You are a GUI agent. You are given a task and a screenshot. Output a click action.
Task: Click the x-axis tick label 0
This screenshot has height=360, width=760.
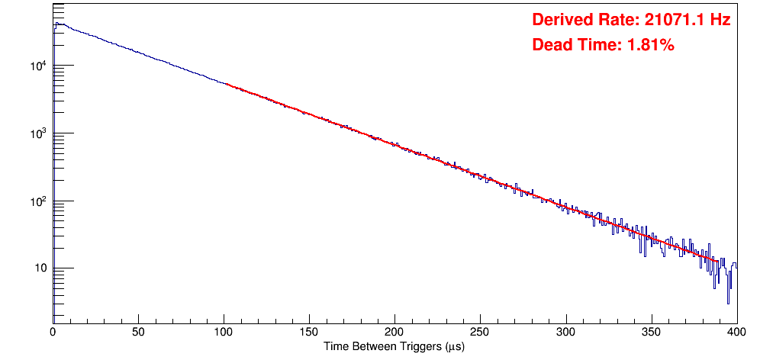[53, 332]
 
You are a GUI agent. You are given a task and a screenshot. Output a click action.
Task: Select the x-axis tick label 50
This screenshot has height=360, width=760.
[138, 332]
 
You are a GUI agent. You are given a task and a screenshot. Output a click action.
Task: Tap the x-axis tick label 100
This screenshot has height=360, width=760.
[224, 332]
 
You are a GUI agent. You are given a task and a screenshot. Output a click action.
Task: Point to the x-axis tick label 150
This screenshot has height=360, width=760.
[309, 332]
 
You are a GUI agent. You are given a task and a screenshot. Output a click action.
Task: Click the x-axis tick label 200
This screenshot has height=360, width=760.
[394, 332]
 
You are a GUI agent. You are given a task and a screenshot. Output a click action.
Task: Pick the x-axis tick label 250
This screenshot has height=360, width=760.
[480, 332]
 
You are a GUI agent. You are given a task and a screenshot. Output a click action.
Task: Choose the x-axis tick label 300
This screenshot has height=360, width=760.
[565, 332]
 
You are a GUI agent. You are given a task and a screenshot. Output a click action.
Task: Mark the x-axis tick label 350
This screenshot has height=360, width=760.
[651, 332]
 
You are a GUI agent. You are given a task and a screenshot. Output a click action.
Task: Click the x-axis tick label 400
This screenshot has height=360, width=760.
[736, 332]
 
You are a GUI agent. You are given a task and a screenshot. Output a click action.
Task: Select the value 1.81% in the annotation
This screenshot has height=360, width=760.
[650, 46]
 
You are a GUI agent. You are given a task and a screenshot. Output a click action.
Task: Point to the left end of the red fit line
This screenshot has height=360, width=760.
[226, 84]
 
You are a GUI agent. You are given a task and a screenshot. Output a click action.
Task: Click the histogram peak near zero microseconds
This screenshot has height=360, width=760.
[56, 24]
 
